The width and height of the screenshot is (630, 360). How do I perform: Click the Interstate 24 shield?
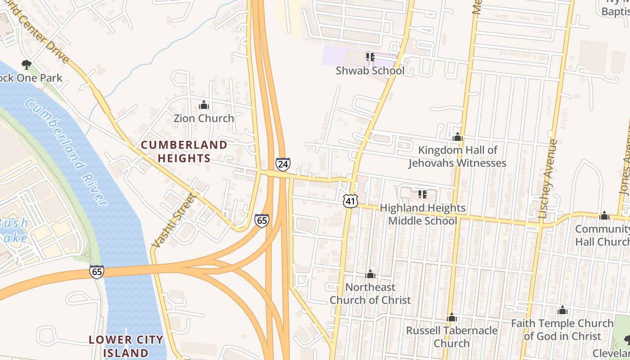(x=283, y=164)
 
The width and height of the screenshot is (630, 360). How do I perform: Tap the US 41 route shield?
(x=350, y=201)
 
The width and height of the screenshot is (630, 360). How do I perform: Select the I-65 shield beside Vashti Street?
(x=261, y=220)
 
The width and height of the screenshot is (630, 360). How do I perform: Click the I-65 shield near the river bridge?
(x=96, y=271)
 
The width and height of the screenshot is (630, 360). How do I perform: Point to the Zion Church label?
(x=204, y=118)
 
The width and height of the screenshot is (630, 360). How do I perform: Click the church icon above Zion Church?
(x=204, y=105)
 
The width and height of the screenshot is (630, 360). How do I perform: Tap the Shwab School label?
(x=370, y=71)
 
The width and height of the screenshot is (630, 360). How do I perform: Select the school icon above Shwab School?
(x=370, y=57)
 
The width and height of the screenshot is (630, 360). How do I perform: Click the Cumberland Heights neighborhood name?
(x=184, y=151)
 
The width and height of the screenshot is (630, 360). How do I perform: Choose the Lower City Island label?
(x=126, y=346)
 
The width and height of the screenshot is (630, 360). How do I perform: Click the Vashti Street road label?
(x=175, y=220)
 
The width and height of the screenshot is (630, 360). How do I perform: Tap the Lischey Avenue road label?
(x=548, y=179)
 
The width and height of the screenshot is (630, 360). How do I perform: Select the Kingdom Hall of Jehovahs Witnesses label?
(x=458, y=156)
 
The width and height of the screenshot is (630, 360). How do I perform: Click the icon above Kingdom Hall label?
(x=458, y=137)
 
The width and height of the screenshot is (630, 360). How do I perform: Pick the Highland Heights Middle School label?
(x=423, y=214)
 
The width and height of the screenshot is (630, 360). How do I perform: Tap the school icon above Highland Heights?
(x=422, y=194)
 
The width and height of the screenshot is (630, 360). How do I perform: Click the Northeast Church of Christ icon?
(x=370, y=274)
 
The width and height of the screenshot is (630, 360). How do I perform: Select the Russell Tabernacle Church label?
(x=452, y=337)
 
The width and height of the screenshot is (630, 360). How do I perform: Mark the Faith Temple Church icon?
(x=562, y=310)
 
